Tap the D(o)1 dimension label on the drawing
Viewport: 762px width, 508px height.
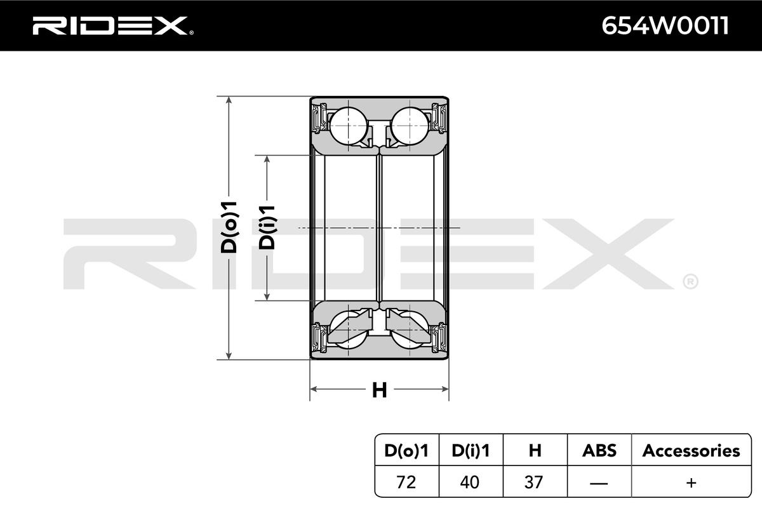pos(229,227)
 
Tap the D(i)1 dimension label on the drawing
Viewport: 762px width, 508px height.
pos(268,227)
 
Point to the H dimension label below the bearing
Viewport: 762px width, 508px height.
pos(379,390)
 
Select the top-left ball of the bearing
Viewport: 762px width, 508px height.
pos(348,126)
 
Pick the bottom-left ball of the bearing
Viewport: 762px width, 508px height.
pos(348,331)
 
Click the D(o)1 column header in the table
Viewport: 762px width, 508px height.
pos(406,451)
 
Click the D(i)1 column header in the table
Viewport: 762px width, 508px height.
pos(471,451)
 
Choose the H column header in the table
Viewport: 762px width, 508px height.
pos(535,451)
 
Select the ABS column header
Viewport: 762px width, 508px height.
pos(599,451)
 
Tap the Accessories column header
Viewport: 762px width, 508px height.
pos(691,451)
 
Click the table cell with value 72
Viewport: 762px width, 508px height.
pos(406,483)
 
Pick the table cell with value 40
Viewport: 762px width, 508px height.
pos(471,483)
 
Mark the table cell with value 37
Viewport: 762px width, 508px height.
pos(535,483)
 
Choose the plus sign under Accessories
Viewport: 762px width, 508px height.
pos(691,483)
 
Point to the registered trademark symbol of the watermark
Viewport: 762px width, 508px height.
pos(690,281)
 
